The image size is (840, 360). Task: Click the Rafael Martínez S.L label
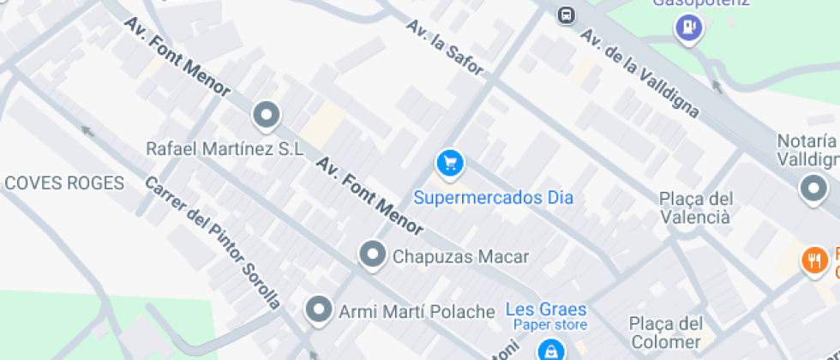point(225,148)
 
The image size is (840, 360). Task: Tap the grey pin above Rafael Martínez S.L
point(267,115)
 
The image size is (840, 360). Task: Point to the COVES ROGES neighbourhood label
point(64,183)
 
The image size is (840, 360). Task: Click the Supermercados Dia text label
point(493,197)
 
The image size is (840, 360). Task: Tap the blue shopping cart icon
point(449,161)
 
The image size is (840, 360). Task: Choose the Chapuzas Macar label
point(460,255)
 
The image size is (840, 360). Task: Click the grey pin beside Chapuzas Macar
point(371,254)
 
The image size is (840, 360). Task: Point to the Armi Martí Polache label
point(417,310)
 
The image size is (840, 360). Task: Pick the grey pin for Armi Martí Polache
point(319,309)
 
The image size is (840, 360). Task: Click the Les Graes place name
point(546,309)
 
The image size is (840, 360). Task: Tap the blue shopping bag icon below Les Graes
point(549,350)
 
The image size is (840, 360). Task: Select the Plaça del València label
point(695,207)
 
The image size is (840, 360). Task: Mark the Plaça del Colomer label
point(666,333)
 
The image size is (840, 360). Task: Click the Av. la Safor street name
point(444,47)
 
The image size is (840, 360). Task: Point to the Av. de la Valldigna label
point(639,72)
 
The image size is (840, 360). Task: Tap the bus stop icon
point(566,15)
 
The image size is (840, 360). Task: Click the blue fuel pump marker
point(689,27)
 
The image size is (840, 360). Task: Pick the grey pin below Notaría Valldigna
point(811,189)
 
